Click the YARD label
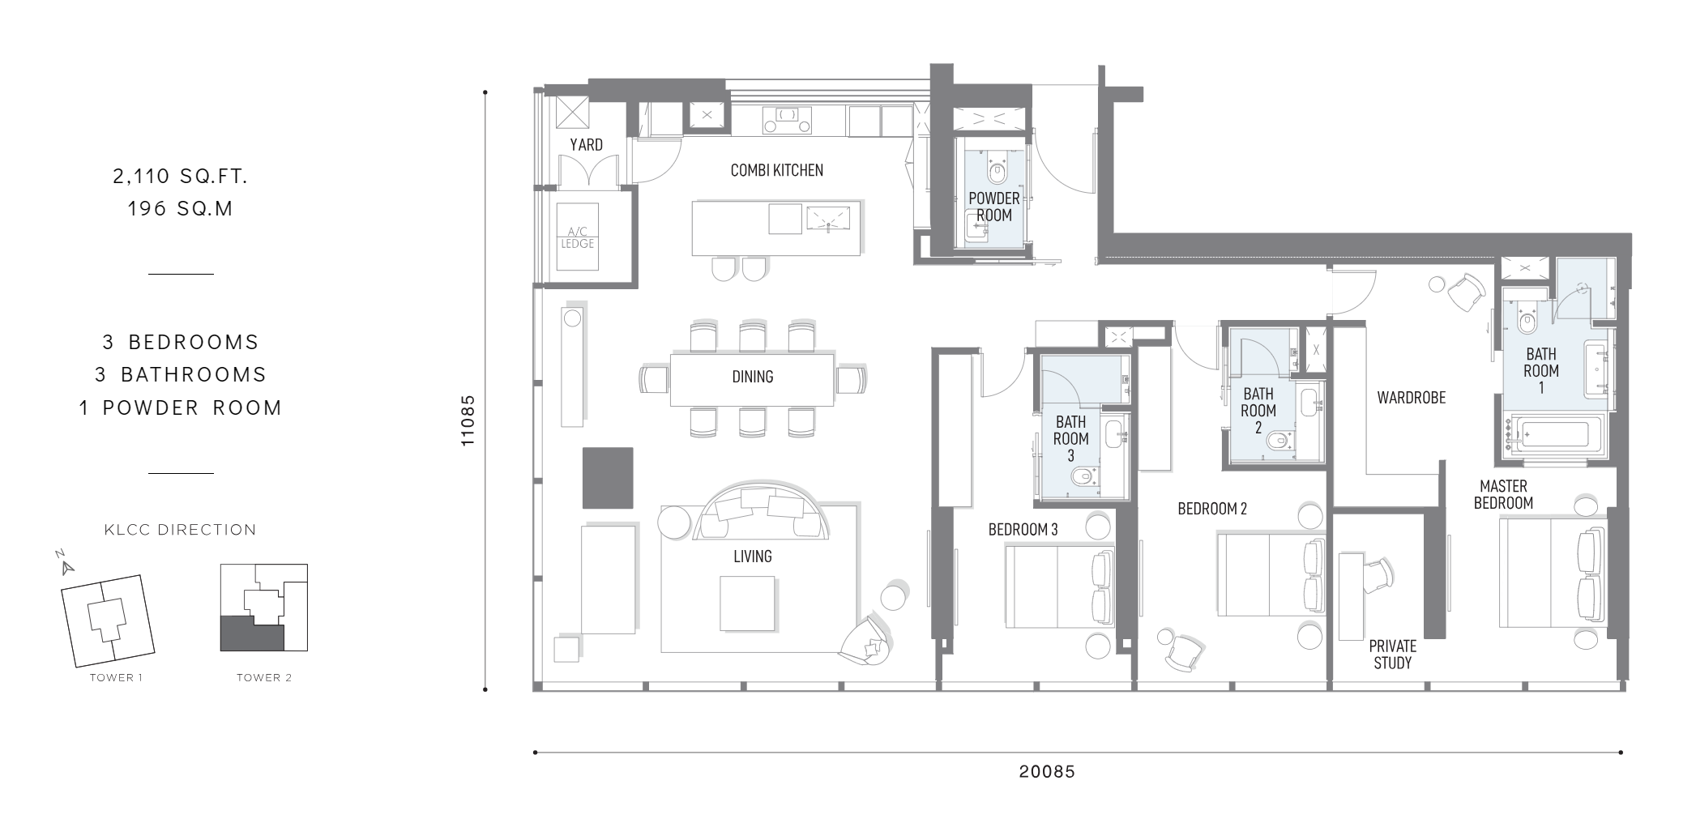click(x=586, y=145)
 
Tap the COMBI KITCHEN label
click(x=776, y=170)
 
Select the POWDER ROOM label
click(x=993, y=207)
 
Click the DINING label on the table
click(x=752, y=377)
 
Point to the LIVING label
click(x=752, y=557)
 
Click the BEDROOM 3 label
click(x=1023, y=530)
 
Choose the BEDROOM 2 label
click(x=1212, y=509)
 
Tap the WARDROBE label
click(x=1411, y=398)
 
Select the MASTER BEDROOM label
click(x=1503, y=495)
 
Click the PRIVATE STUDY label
click(x=1392, y=655)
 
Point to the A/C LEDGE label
click(x=578, y=237)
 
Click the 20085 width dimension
click(x=1047, y=772)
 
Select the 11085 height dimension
click(x=468, y=421)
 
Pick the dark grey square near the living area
click(x=608, y=478)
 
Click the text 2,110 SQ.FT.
click(x=180, y=176)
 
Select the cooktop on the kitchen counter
click(x=786, y=121)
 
